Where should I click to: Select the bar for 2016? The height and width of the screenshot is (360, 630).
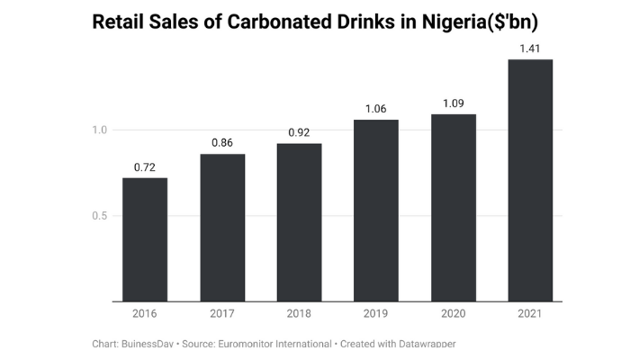(x=145, y=239)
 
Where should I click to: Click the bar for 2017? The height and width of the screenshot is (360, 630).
(x=221, y=228)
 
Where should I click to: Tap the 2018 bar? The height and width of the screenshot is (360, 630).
(x=299, y=222)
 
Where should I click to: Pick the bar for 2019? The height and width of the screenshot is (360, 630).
(x=376, y=211)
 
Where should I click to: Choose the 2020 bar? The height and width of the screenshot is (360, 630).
(x=454, y=208)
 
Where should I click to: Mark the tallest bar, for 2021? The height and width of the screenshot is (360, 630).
(x=530, y=180)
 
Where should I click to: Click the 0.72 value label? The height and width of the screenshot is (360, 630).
(x=145, y=166)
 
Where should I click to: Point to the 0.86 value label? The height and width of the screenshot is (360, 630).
(x=221, y=142)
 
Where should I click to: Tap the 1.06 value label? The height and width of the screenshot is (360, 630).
(x=376, y=109)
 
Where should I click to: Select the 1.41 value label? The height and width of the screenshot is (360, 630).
(x=530, y=48)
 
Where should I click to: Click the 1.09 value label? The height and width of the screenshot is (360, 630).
(x=454, y=103)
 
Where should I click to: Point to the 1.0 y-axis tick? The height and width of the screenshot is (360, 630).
(x=99, y=130)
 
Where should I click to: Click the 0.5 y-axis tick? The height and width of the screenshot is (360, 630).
(x=99, y=216)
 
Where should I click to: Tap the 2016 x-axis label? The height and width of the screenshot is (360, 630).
(x=145, y=315)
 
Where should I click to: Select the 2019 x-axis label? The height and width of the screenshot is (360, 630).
(x=376, y=315)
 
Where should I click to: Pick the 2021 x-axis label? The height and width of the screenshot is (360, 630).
(x=530, y=315)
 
